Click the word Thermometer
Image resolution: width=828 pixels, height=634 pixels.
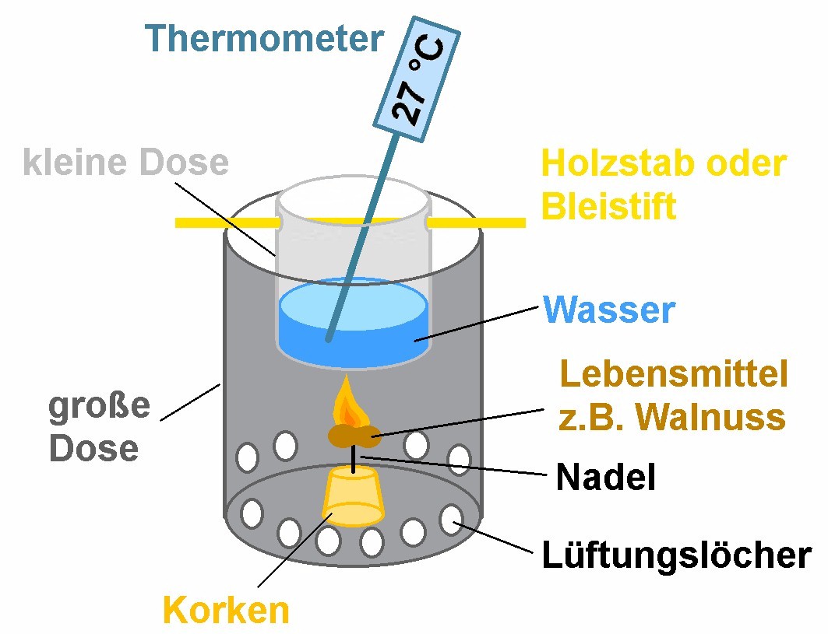pyautogui.click(x=265, y=37)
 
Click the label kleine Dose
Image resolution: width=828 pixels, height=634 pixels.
pyautogui.click(x=126, y=163)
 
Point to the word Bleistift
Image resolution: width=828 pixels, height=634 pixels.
pyautogui.click(x=608, y=207)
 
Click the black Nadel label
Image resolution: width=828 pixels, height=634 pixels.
pyautogui.click(x=605, y=477)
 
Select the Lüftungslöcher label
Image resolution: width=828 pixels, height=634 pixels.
pyautogui.click(x=676, y=555)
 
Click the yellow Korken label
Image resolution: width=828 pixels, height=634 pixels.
pyautogui.click(x=225, y=610)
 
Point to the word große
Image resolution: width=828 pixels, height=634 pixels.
pyautogui.click(x=99, y=407)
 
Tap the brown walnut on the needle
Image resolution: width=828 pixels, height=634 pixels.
pyautogui.click(x=354, y=436)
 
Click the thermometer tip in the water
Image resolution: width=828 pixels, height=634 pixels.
pyautogui.click(x=330, y=338)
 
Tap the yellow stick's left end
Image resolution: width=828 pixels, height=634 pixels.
pyautogui.click(x=181, y=222)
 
